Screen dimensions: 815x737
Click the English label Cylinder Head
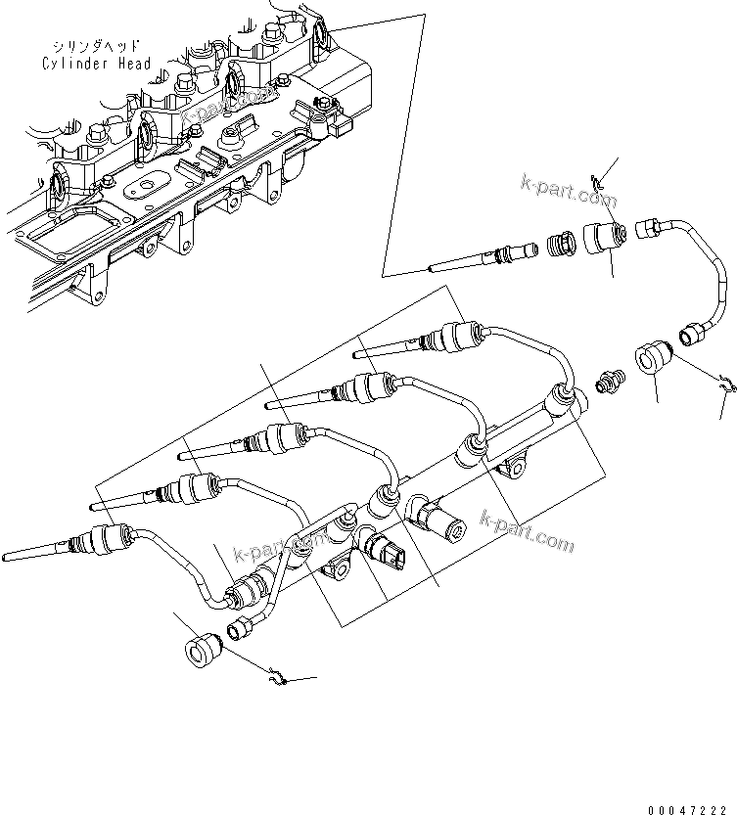tap(96, 64)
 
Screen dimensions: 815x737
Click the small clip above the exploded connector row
tap(602, 179)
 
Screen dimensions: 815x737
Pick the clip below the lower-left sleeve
tap(278, 675)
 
